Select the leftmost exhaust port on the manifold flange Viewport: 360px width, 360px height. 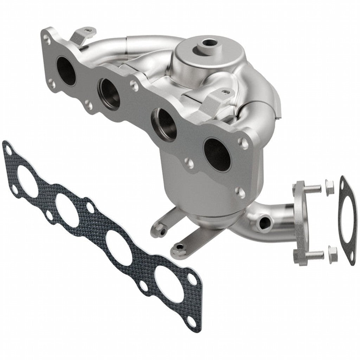[x=66, y=71]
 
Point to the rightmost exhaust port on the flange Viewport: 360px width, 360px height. [x=217, y=155]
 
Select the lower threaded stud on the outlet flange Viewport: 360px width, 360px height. [x=315, y=255]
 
